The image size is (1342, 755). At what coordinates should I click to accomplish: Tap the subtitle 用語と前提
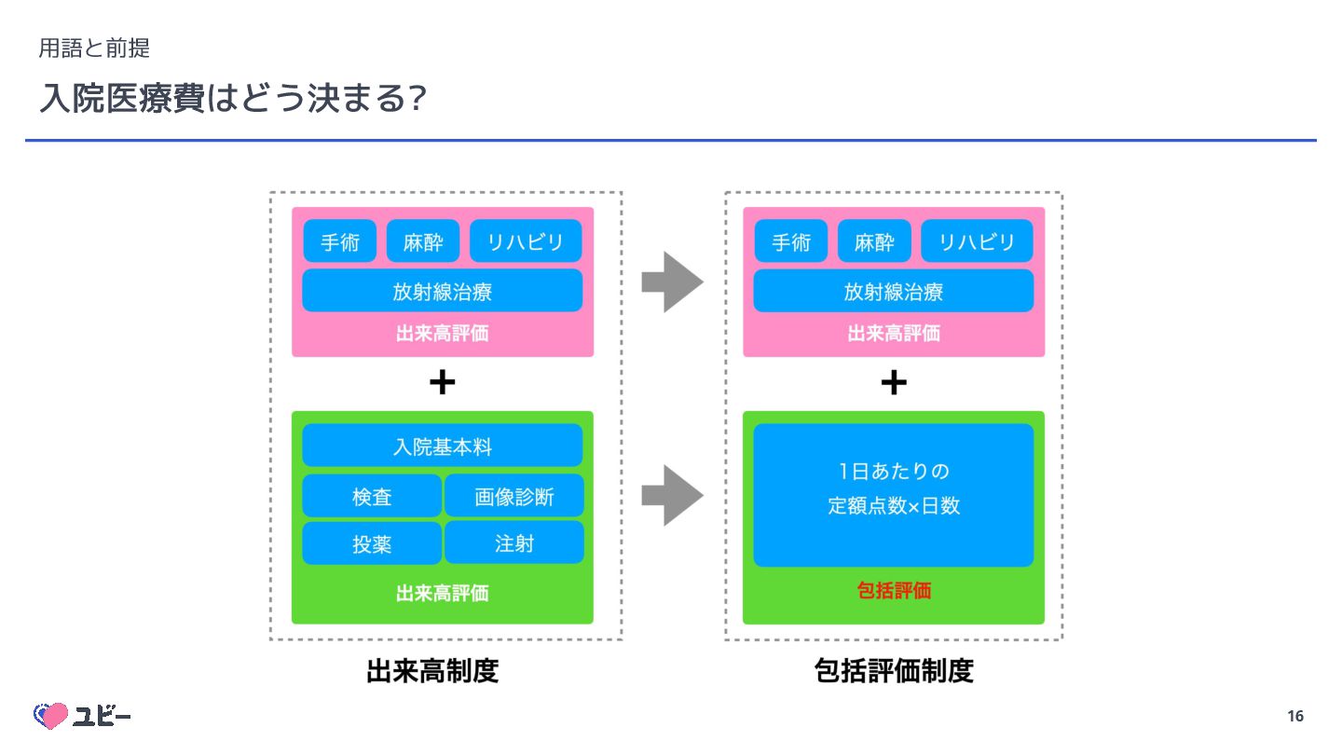(x=94, y=47)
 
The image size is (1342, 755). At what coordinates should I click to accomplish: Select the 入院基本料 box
(x=442, y=446)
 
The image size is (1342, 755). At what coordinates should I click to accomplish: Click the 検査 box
(x=372, y=497)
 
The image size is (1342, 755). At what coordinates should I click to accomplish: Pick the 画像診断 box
(x=514, y=497)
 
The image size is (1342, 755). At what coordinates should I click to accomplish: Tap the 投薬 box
(x=372, y=544)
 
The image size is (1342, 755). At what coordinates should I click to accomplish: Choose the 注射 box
(x=514, y=543)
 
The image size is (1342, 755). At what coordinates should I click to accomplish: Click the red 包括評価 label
(x=893, y=591)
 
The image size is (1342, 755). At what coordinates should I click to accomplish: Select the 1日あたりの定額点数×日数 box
(x=893, y=495)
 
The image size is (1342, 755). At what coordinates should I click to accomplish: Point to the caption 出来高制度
(x=432, y=671)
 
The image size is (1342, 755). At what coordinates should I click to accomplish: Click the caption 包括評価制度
(x=893, y=671)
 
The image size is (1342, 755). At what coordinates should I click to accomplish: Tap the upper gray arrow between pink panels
(x=672, y=281)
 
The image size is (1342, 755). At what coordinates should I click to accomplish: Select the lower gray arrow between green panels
(x=672, y=495)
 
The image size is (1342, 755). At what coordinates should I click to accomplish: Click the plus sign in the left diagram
(x=442, y=383)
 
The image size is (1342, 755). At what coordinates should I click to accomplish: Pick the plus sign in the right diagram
(x=893, y=383)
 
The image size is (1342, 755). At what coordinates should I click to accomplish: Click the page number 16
(x=1294, y=716)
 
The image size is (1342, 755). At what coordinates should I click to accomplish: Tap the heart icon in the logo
(x=51, y=716)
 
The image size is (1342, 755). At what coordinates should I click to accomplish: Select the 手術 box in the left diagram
(x=340, y=242)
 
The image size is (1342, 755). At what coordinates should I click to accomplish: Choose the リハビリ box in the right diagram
(x=977, y=242)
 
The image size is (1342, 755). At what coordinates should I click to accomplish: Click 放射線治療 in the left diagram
(x=442, y=292)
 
